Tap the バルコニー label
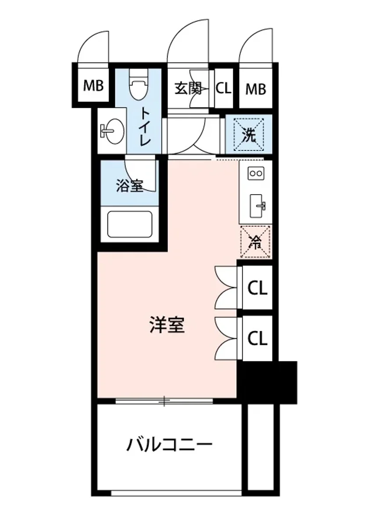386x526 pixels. pyautogui.click(x=169, y=445)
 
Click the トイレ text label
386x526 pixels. pyautogui.click(x=145, y=127)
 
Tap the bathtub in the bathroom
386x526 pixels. pyautogui.click(x=129, y=225)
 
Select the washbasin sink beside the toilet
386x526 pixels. pyautogui.click(x=112, y=130)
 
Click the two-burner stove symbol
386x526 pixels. pyautogui.click(x=255, y=174)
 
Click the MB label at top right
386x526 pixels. pyautogui.click(x=255, y=89)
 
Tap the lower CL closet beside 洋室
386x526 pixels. pyautogui.click(x=257, y=338)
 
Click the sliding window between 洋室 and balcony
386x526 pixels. pyautogui.click(x=164, y=400)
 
